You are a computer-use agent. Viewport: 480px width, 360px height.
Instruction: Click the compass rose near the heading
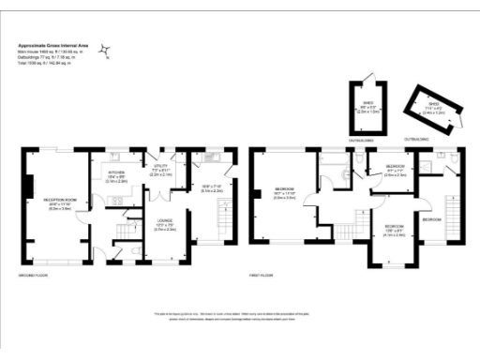tap(109, 50)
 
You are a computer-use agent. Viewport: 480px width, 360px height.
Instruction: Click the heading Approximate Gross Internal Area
tap(53, 44)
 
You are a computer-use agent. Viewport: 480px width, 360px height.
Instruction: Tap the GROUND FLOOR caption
tap(34, 276)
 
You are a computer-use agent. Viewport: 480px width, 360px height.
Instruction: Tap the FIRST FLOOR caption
tap(261, 276)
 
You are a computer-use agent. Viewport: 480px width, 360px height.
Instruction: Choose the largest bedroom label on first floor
tap(284, 191)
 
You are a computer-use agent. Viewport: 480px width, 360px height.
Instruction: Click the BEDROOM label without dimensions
tap(431, 219)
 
